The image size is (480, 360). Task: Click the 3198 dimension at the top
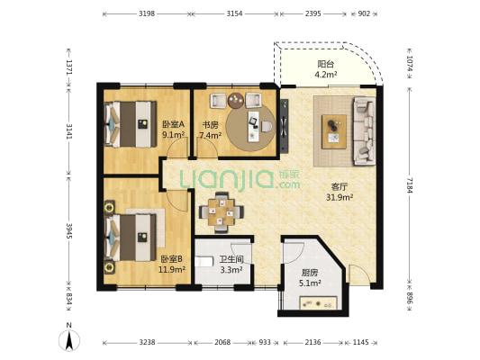point(147,13)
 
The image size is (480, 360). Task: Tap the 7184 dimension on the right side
point(410,184)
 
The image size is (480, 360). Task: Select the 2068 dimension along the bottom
point(222,342)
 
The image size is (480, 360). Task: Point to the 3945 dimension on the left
point(69,231)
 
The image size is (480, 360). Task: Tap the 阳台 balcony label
point(326,65)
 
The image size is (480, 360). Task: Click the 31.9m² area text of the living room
point(340,198)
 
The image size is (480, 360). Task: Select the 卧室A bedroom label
point(173,124)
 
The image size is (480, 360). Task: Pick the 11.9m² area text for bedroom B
point(171,269)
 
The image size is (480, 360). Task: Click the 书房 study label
point(211,125)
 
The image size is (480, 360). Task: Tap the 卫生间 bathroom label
point(231,260)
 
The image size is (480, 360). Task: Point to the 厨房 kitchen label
point(310,273)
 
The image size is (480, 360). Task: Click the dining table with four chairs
point(222,212)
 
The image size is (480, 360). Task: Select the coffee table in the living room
point(334,131)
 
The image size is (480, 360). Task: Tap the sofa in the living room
point(365,130)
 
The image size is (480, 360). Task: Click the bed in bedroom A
point(131,124)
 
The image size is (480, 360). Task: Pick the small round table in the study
point(236,100)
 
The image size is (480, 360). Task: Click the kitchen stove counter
point(319,302)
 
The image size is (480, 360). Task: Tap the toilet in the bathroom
point(204,262)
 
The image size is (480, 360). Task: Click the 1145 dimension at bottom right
point(360,342)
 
